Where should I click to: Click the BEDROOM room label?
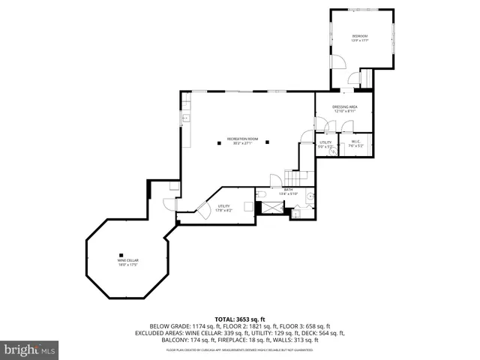tap(360, 36)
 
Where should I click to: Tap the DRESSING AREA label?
tap(345, 107)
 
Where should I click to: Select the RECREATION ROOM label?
tap(243, 139)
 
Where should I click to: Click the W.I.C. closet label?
tap(356, 142)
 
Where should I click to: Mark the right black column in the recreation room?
tap(274, 146)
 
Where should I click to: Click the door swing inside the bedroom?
tap(338, 61)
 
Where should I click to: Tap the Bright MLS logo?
tap(30, 349)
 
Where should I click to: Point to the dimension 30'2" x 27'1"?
tap(243, 143)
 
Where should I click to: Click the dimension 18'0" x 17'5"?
tap(128, 265)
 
